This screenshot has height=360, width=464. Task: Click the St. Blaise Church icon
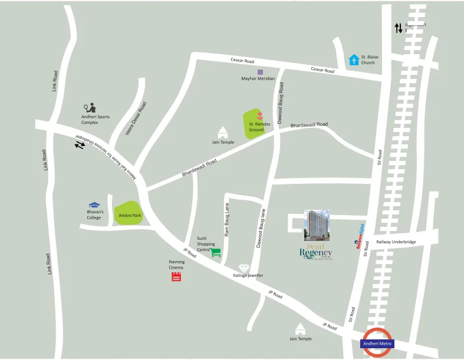(354, 60)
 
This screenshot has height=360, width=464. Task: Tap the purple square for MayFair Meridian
(260, 72)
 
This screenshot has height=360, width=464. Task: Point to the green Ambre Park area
(129, 213)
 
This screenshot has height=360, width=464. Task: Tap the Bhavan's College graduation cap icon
(94, 205)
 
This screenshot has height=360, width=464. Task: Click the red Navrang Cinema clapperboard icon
(176, 276)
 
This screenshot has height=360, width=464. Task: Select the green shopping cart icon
(216, 252)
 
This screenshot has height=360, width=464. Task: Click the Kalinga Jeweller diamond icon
(244, 269)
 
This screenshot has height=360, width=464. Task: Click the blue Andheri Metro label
(377, 344)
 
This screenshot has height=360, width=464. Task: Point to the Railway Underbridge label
(396, 242)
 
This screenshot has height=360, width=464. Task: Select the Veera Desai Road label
(136, 118)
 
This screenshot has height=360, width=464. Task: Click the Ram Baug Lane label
(227, 219)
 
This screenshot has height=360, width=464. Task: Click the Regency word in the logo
(315, 253)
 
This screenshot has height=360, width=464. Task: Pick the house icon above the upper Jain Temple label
(223, 132)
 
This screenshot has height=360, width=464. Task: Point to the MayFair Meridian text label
(258, 79)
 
